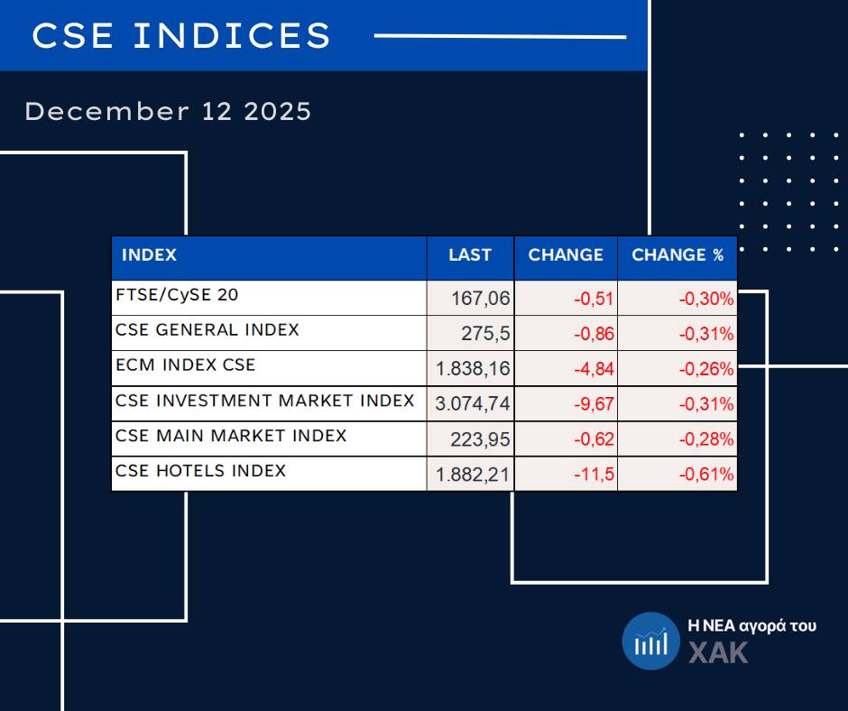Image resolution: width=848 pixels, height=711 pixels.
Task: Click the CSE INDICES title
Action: (181, 36)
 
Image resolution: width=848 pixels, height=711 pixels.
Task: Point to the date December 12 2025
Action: (168, 112)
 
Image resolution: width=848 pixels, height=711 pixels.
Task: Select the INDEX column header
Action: (149, 255)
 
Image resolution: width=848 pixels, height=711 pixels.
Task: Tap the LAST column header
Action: (470, 255)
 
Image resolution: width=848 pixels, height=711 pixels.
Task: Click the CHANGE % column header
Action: (677, 255)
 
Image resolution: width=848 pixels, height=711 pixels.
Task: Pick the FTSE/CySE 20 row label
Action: (178, 295)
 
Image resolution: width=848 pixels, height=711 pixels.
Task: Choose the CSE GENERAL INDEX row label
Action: (207, 330)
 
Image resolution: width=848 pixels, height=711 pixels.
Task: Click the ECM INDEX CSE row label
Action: (186, 365)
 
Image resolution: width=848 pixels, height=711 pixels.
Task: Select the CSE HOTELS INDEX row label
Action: (201, 471)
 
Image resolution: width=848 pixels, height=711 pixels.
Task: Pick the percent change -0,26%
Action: (706, 369)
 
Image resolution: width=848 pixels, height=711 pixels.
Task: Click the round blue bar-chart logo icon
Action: (650, 641)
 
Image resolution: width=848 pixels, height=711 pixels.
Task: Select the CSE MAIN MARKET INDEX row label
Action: (231, 436)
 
